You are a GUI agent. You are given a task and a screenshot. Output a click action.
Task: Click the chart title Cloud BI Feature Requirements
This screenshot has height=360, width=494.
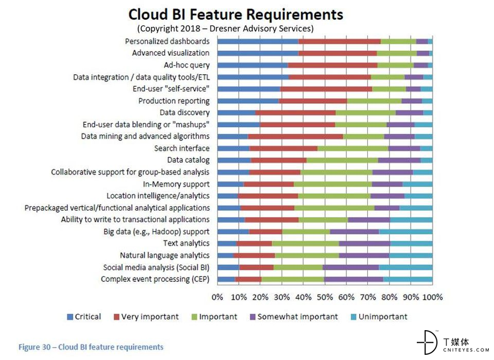(235, 14)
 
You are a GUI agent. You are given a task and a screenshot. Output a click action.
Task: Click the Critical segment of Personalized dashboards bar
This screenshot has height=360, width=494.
(258, 41)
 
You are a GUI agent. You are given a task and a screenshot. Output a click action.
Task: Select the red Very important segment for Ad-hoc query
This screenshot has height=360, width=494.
(332, 65)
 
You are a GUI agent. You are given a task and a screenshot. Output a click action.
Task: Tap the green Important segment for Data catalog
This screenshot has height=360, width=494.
(342, 160)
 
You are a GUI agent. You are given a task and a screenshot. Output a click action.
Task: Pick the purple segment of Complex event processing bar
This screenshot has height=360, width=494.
(354, 279)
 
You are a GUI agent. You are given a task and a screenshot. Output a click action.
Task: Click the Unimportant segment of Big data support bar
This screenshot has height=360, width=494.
(405, 232)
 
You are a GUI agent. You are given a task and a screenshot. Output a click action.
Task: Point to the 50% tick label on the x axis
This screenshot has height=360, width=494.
(325, 297)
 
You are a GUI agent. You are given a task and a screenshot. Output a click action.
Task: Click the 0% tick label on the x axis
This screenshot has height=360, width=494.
(218, 297)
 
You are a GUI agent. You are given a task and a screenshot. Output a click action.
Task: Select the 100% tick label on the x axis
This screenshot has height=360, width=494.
(432, 297)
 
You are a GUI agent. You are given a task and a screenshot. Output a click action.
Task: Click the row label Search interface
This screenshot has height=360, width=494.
(182, 148)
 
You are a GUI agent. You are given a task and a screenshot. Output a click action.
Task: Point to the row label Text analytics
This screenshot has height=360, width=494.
(186, 243)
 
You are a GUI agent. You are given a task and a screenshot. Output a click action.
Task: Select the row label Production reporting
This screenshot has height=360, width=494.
(174, 101)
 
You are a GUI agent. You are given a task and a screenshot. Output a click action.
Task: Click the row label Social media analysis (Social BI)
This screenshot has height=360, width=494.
(156, 267)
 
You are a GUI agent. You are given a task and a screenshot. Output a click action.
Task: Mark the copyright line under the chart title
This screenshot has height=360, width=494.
(225, 28)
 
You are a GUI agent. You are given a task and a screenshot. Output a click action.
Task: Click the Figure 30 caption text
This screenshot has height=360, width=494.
(91, 347)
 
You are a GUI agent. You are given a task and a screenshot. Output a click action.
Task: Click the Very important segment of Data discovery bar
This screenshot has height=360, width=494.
(295, 113)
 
